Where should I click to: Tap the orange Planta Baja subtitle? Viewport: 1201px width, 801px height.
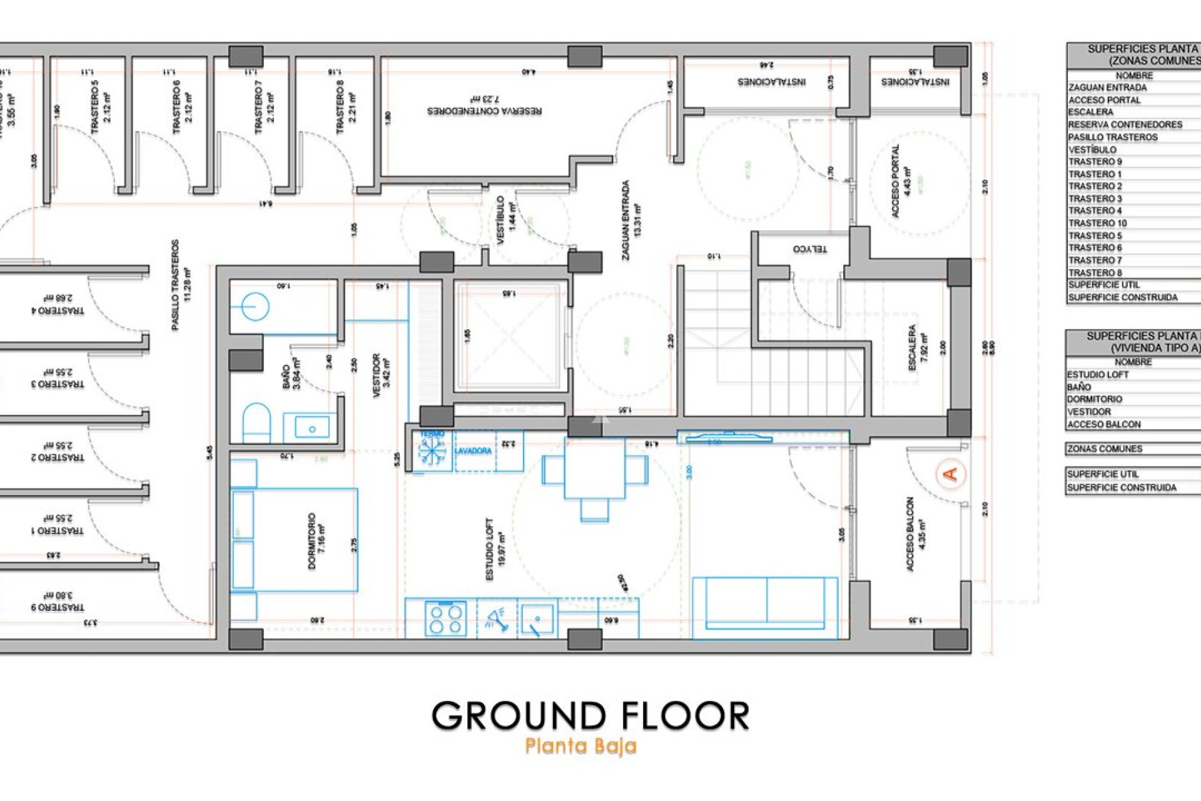[x=580, y=746]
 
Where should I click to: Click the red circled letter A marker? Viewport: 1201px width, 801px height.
[x=950, y=474]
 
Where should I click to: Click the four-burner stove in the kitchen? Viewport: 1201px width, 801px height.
[x=445, y=618]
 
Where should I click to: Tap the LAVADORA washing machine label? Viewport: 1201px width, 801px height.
[x=473, y=451]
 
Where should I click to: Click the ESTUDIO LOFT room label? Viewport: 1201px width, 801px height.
[x=495, y=549]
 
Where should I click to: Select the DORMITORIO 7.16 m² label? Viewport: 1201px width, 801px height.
[x=317, y=541]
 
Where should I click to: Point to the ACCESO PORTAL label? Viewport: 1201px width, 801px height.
[x=900, y=181]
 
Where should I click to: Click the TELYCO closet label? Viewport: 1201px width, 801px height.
[x=809, y=249]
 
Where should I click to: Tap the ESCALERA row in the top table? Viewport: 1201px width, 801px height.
[x=1092, y=112]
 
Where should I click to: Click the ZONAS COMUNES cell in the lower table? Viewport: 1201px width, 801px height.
[x=1105, y=449]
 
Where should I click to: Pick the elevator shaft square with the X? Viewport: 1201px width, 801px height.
[x=510, y=338]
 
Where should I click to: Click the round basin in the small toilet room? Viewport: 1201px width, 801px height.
[x=255, y=307]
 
